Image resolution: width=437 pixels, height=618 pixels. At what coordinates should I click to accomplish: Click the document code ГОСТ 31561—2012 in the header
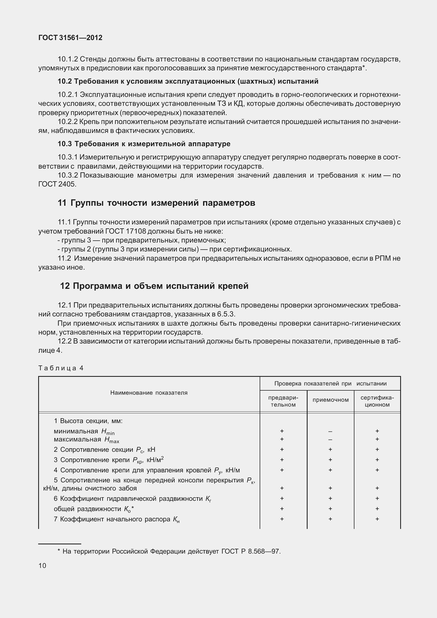[70, 38]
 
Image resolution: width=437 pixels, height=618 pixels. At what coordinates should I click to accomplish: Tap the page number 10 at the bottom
[42, 566]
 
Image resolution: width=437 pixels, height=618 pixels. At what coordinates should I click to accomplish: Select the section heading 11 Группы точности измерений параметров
[156, 203]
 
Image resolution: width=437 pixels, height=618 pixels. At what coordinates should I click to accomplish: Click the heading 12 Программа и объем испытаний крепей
[154, 286]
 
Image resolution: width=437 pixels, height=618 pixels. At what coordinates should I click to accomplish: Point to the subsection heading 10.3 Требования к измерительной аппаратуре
[144, 144]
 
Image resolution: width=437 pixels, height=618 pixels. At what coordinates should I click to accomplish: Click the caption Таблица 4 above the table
[61, 368]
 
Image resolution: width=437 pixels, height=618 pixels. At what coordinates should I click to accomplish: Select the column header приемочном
[330, 400]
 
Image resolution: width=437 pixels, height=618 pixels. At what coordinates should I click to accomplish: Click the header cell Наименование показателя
[149, 393]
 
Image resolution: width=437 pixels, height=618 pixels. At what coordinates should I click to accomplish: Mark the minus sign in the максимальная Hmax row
[330, 440]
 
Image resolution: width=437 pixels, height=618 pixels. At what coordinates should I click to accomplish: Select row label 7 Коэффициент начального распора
[116, 519]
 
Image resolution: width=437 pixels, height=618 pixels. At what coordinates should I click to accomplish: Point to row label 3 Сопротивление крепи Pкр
[108, 460]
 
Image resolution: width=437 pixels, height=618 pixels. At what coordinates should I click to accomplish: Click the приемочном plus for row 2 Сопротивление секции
[330, 450]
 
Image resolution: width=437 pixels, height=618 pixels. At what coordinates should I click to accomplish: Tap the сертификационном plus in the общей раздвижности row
[377, 509]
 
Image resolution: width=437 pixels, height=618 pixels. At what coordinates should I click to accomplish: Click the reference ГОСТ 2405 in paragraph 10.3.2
[57, 184]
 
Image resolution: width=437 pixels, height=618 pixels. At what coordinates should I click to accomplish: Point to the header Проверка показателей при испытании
[330, 384]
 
